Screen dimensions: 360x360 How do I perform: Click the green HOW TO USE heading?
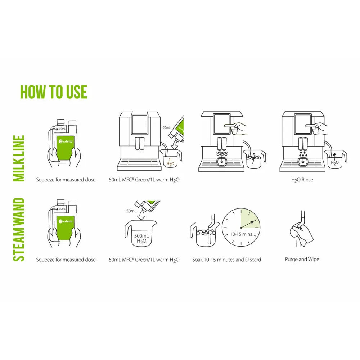[54, 92]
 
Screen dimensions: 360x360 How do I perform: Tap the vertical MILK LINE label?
[18, 158]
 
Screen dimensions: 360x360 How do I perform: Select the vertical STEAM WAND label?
[18, 229]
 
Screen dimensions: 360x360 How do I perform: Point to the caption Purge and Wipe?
[302, 259]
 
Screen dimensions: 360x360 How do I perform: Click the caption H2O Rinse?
[302, 180]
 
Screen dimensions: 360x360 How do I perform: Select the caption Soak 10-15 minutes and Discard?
[226, 260]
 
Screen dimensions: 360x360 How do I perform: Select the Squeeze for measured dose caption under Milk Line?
[66, 180]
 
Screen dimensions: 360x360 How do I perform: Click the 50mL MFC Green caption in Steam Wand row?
[144, 260]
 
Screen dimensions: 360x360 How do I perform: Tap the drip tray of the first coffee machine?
[139, 164]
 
